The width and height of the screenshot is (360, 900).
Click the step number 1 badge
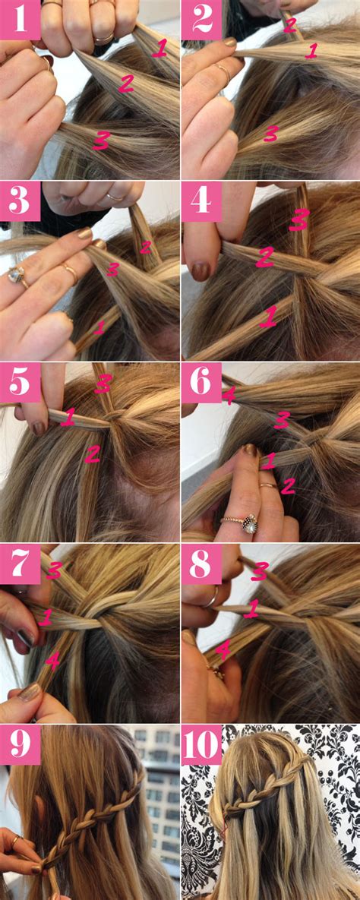[x=20, y=20]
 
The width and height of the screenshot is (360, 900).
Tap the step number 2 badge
[x=201, y=20]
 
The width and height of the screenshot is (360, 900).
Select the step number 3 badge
[x=20, y=201]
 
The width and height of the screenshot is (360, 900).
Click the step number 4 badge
[x=201, y=201]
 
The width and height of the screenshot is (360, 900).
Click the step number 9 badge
[x=20, y=744]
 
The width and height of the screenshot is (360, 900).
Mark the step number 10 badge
[x=201, y=744]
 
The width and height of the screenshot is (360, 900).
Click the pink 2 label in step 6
[x=288, y=487]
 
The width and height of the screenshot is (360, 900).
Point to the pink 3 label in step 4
[x=299, y=219]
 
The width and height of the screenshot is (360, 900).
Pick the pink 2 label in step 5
[x=93, y=455]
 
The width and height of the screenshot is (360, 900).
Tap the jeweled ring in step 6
[x=248, y=525]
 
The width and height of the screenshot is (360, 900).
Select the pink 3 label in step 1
[x=101, y=140]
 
